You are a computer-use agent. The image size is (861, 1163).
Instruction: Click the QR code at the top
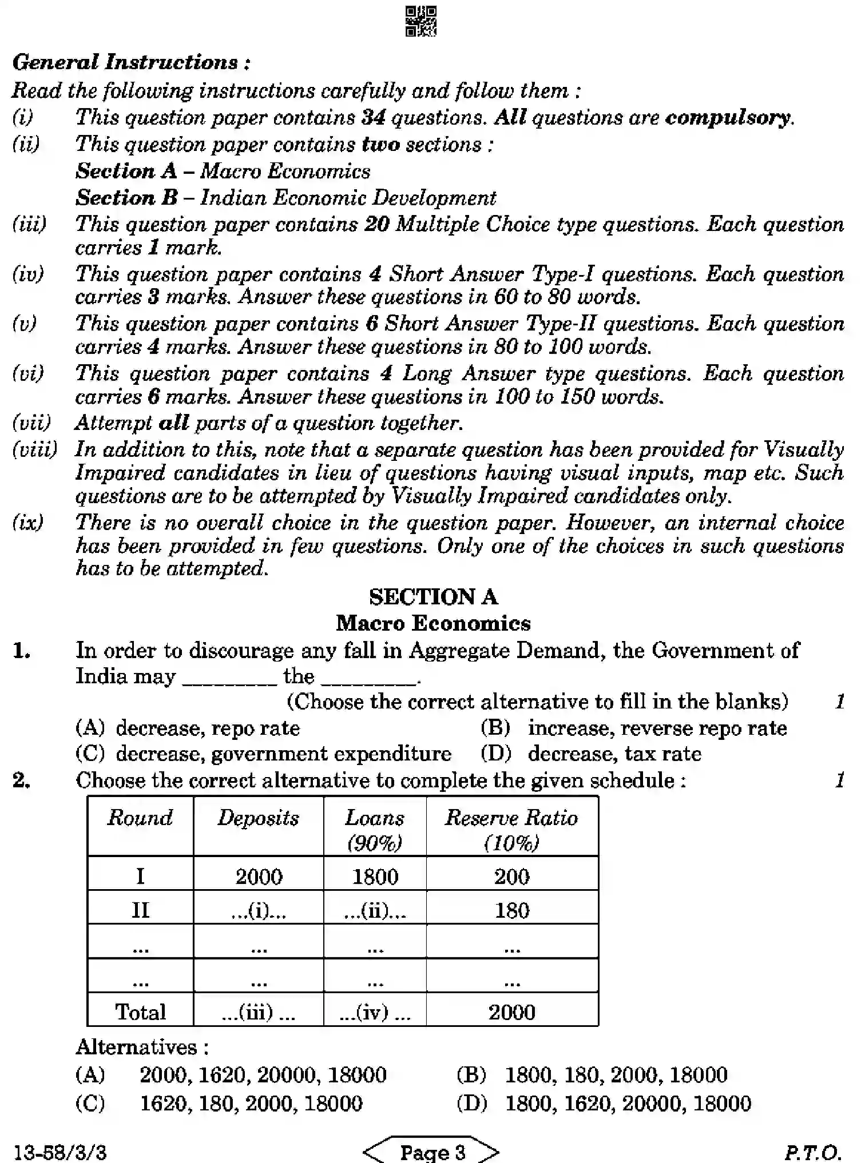tap(421, 21)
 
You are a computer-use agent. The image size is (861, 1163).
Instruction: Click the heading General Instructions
tap(131, 62)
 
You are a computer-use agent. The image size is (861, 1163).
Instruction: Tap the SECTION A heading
tap(433, 597)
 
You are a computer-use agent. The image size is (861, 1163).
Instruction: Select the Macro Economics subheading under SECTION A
tap(433, 623)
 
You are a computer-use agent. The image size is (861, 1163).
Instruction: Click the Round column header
tap(140, 818)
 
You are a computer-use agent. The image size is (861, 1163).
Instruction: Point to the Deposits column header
tap(258, 818)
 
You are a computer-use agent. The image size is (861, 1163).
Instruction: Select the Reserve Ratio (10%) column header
tap(511, 830)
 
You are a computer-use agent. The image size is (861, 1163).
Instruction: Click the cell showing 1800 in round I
tap(375, 877)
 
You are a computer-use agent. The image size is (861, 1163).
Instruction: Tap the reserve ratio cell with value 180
tap(511, 910)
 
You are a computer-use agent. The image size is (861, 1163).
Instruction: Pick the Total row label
tap(140, 1012)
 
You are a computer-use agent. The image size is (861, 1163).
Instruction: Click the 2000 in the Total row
tap(511, 1012)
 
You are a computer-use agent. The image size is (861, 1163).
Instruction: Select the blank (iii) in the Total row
tap(258, 1012)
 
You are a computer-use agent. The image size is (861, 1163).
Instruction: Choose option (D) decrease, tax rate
tap(590, 754)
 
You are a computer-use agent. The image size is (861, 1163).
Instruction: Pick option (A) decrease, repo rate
tap(188, 728)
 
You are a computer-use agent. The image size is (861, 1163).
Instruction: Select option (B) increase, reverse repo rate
tap(633, 728)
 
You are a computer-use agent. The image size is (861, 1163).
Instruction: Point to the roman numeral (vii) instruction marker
tap(31, 423)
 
